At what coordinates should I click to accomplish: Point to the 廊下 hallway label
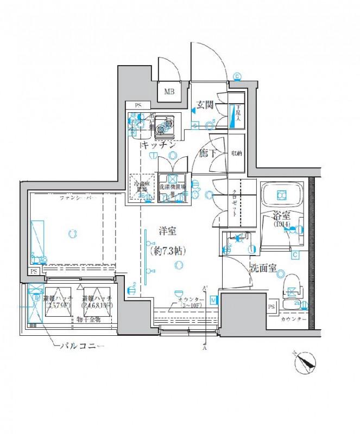coord(207,154)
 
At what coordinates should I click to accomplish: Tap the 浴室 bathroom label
coord(281,216)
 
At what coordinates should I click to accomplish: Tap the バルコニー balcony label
coord(81,346)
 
